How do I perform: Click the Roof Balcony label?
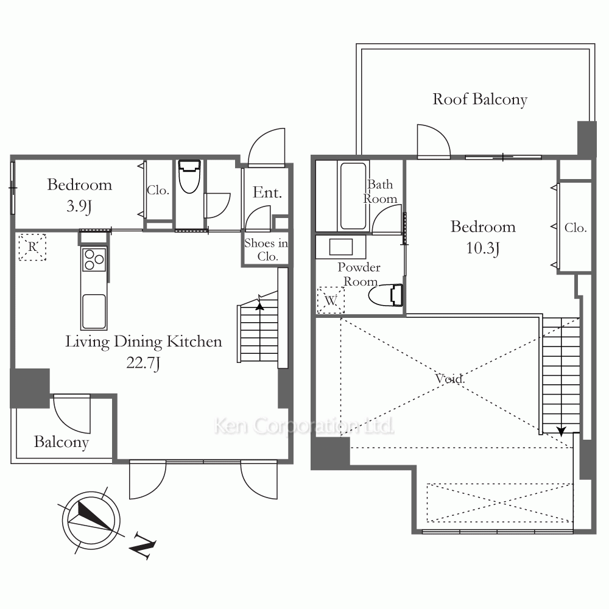(x=480, y=99)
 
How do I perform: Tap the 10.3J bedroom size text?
(x=483, y=248)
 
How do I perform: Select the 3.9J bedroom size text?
(x=79, y=206)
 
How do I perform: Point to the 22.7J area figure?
(x=143, y=363)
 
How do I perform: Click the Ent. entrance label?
(x=267, y=192)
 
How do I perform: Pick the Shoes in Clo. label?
(x=267, y=250)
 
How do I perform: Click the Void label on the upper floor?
(x=450, y=378)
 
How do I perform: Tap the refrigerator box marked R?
(x=32, y=247)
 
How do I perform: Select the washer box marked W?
(x=331, y=300)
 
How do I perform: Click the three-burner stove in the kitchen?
(x=94, y=259)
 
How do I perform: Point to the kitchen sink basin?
(x=94, y=311)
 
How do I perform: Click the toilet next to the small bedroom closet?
(x=189, y=177)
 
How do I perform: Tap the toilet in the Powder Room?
(x=385, y=295)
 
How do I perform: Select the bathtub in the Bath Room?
(x=353, y=196)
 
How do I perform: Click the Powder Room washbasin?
(x=340, y=247)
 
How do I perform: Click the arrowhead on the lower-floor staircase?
(x=259, y=306)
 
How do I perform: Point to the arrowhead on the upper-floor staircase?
(x=561, y=431)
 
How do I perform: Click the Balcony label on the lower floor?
(x=62, y=442)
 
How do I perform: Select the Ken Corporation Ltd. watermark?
(x=304, y=426)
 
